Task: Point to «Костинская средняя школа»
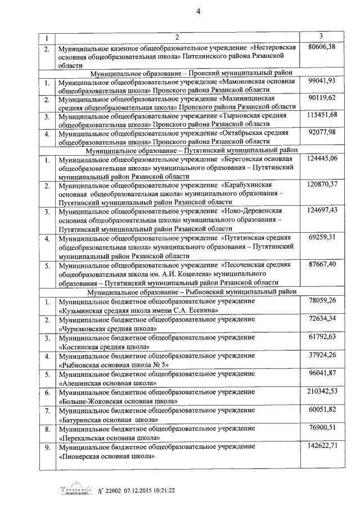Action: click(x=104, y=348)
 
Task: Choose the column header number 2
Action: click(x=175, y=38)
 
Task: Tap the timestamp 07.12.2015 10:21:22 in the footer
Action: click(x=138, y=490)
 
